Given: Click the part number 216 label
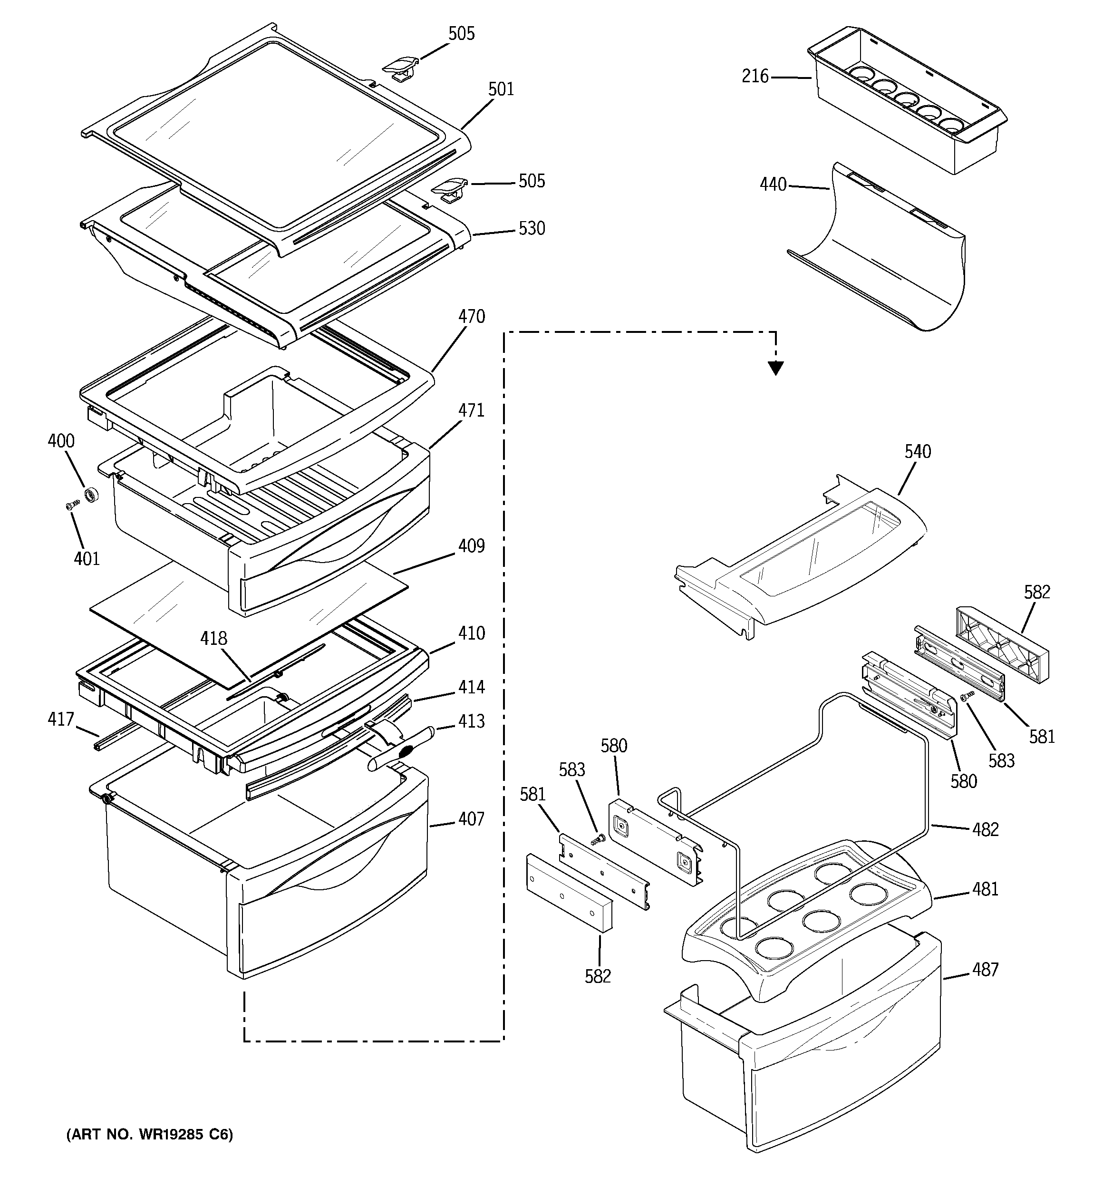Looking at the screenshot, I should pos(755,77).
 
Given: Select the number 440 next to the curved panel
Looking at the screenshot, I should pos(773,185).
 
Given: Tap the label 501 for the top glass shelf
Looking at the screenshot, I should pos(501,89).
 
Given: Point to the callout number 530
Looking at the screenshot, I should pos(532,229).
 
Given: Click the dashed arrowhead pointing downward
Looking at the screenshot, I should pos(775,368).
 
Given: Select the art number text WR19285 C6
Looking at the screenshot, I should pos(149,1134).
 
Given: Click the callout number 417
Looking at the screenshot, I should pos(61,720).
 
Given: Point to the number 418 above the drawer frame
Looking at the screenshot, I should pos(213,638).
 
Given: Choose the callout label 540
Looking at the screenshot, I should pos(918,452).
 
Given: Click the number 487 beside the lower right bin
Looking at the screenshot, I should pos(985,970).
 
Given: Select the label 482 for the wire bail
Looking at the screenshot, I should pos(985,829).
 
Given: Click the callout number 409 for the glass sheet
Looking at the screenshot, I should pos(471,546).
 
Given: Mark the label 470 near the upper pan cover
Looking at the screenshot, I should pos(471,317).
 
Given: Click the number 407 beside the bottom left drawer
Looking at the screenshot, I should pos(471,819).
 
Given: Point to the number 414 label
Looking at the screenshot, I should pos(471,687).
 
